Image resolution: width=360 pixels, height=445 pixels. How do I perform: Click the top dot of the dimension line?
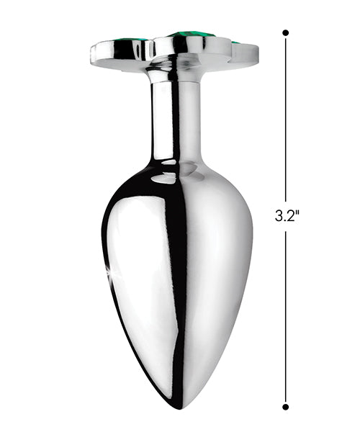click(x=285, y=32)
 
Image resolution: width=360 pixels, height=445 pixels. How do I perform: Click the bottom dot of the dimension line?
click(x=285, y=407)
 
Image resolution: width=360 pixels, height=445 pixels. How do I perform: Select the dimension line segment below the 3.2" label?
click(x=285, y=317)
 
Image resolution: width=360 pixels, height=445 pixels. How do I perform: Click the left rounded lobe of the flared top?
click(x=119, y=53)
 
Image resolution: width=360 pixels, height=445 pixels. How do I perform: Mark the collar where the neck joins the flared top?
click(x=173, y=72)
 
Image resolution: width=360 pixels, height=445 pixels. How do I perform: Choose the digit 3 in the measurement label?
click(x=279, y=215)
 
